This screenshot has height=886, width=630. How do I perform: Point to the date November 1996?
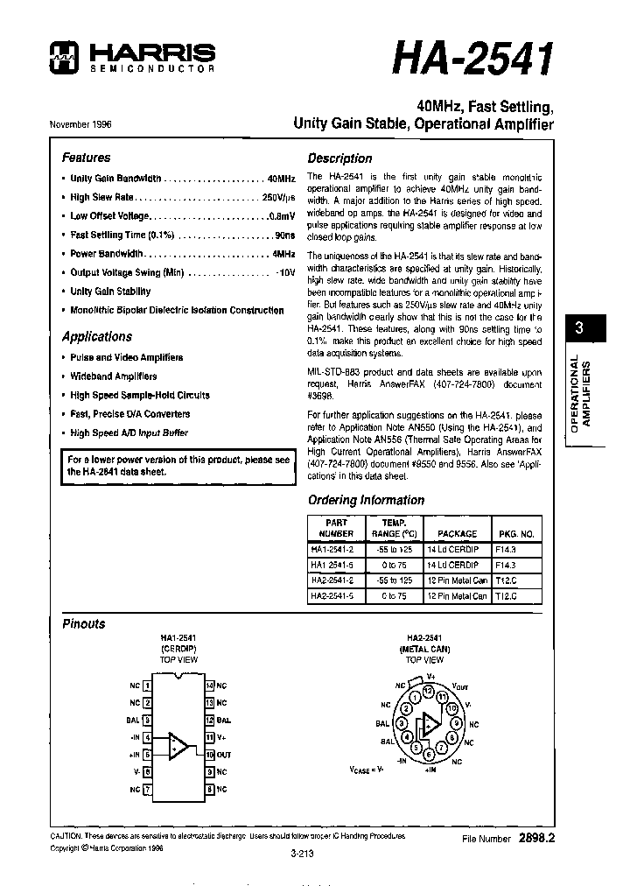80,124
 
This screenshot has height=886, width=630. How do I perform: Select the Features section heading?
86,158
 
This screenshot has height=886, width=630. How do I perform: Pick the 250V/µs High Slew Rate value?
278,197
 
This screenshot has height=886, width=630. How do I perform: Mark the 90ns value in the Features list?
283,235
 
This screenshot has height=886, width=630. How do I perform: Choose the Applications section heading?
96,336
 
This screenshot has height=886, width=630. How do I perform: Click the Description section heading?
339,158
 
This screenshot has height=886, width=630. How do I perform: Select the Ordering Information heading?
366,500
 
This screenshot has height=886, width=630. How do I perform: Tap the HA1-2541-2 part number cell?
332,550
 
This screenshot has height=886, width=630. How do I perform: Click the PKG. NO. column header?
516,532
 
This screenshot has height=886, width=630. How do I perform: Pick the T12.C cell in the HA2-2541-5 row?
507,595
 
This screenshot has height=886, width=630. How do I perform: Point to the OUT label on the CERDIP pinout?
224,754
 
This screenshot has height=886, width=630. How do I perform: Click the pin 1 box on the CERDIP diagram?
147,686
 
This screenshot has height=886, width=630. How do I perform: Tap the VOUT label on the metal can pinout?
460,686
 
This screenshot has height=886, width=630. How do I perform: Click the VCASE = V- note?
367,770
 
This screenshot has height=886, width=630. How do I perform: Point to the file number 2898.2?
536,838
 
